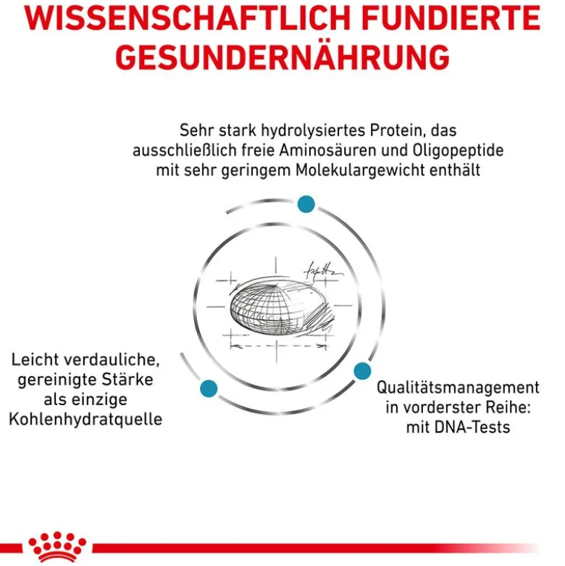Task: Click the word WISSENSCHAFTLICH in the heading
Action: pyautogui.click(x=188, y=17)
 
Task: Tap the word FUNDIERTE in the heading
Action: pyautogui.click(x=451, y=17)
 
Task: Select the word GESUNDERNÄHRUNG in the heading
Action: pyautogui.click(x=282, y=56)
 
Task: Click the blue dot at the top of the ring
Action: pyautogui.click(x=306, y=204)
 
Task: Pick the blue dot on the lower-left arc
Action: pyautogui.click(x=209, y=388)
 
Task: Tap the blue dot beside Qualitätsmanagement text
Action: pyautogui.click(x=362, y=371)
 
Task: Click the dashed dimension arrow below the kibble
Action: pyautogui.click(x=278, y=346)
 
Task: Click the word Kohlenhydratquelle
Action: pyautogui.click(x=85, y=420)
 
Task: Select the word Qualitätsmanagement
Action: pyautogui.click(x=458, y=388)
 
